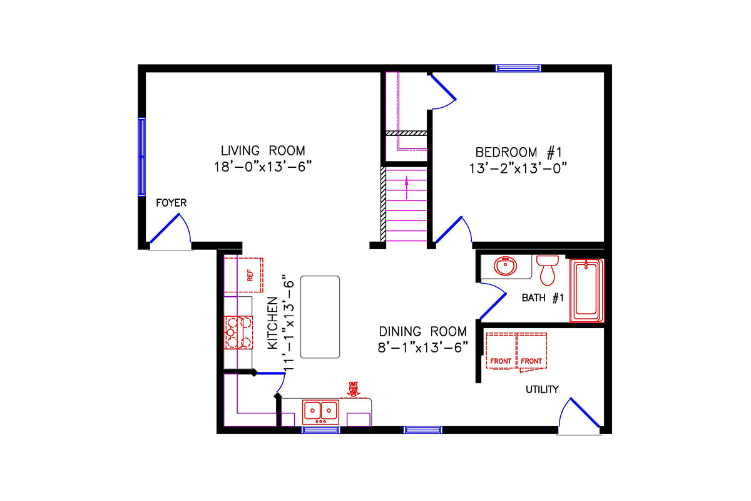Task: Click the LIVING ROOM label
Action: [x=263, y=150]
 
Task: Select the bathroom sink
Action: [x=505, y=267]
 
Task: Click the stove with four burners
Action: [x=238, y=332]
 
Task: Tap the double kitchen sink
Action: [x=320, y=411]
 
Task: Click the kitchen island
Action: [x=320, y=316]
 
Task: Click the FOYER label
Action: [x=171, y=203]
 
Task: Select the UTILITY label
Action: [x=541, y=390]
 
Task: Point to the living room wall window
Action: [x=141, y=157]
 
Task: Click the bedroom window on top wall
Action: [x=518, y=68]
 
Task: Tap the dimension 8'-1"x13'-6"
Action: [x=423, y=348]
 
